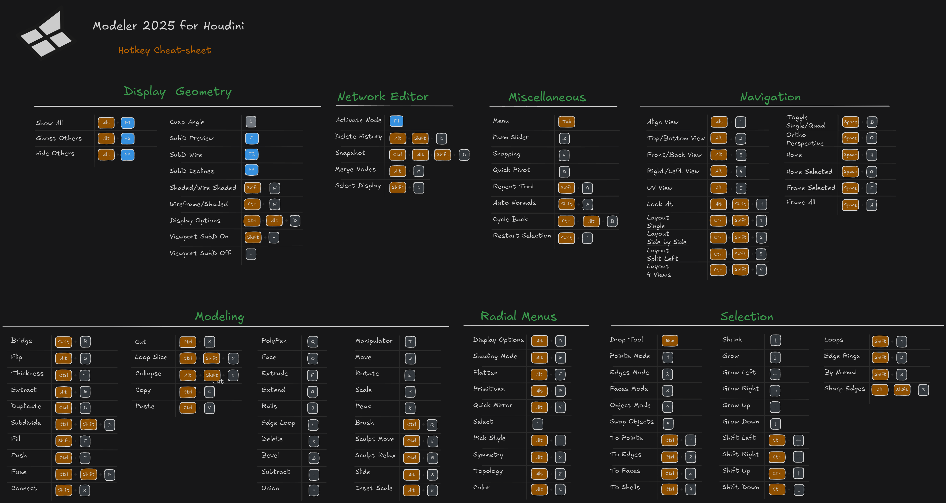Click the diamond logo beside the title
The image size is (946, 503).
tap(46, 35)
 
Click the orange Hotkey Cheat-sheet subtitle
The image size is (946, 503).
tap(164, 50)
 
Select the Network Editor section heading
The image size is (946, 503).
tap(383, 96)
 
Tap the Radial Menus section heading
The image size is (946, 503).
tap(518, 316)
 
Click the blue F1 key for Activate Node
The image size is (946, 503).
tap(396, 121)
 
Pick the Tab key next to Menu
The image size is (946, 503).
tap(566, 122)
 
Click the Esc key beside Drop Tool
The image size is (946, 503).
tap(670, 341)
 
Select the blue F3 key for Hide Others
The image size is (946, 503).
tap(127, 155)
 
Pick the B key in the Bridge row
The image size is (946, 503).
tap(85, 341)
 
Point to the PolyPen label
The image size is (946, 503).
tap(274, 341)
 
